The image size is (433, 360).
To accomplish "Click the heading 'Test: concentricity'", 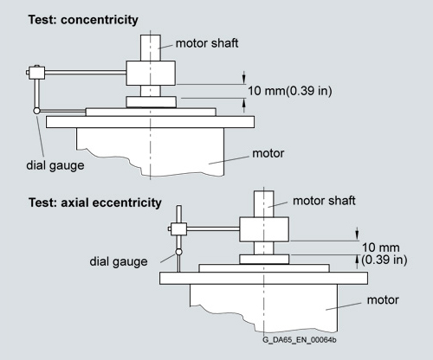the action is pos(83,20).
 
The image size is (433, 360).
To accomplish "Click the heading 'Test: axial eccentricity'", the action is pos(95,202).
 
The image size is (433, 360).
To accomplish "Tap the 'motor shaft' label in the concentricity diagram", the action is pos(207,43).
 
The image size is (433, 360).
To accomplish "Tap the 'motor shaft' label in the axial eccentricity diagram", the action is pos(324,201).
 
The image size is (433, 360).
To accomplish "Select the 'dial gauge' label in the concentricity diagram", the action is pos(55,165).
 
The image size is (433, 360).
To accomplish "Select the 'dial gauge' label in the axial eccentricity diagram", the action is pos(119,261).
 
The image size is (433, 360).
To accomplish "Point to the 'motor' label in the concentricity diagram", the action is pos(268,153).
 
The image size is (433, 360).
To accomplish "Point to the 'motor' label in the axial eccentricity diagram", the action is pos(383,300).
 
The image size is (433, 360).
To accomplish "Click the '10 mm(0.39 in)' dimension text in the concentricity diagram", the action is pos(290,91).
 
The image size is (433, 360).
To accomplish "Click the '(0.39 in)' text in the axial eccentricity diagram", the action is pos(385,260).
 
